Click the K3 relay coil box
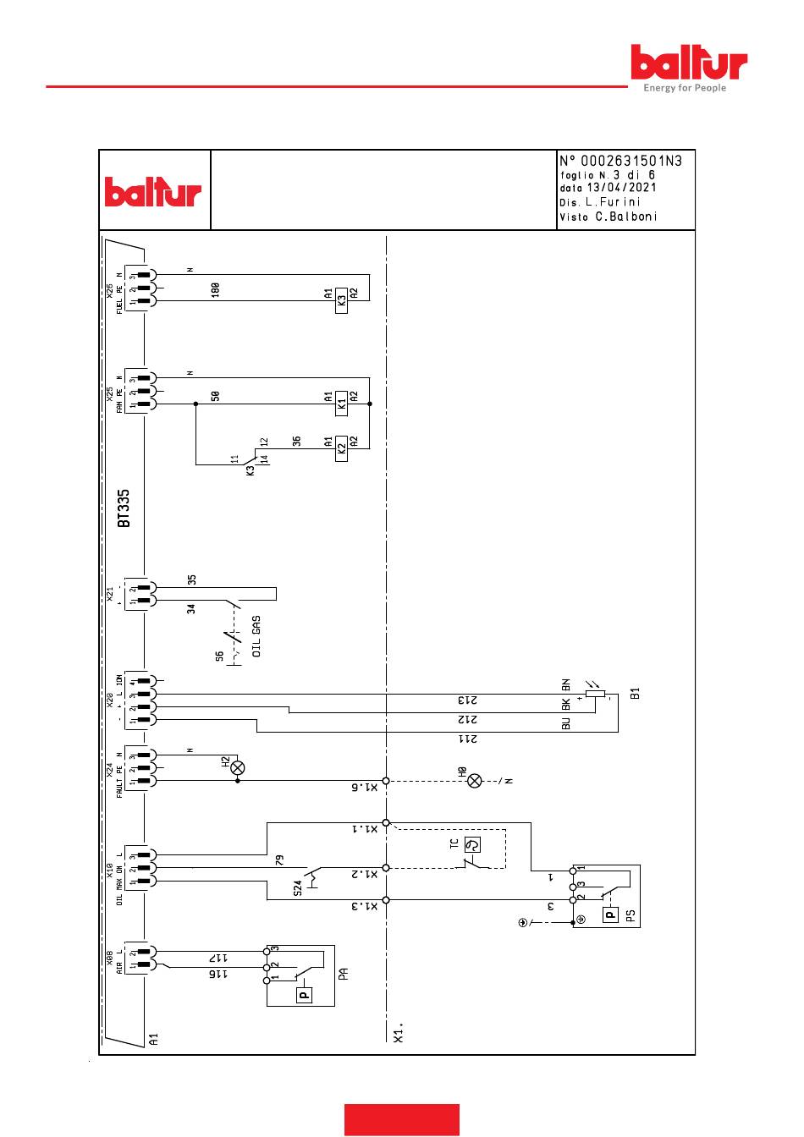click(x=341, y=300)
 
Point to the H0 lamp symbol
click(x=475, y=781)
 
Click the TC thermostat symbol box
click(x=473, y=844)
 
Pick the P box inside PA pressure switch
click(x=304, y=995)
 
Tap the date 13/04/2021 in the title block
click(x=620, y=188)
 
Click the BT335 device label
click(x=124, y=508)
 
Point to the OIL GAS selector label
click(x=257, y=636)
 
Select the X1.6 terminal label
click(x=362, y=788)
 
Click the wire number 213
click(x=468, y=700)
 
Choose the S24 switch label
click(x=298, y=888)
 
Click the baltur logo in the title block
click(x=153, y=192)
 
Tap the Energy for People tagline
click(x=685, y=88)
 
